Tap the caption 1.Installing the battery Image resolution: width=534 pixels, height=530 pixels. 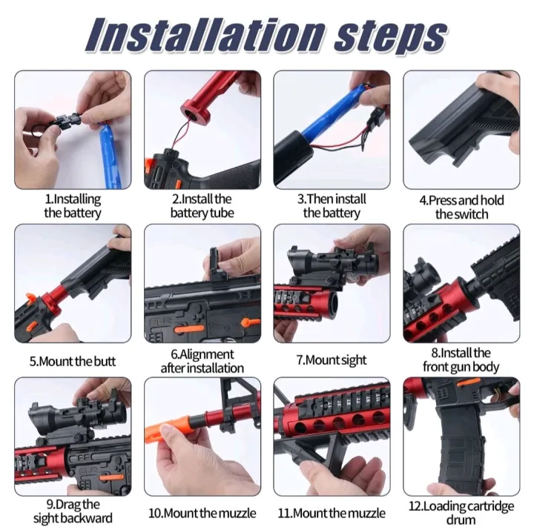73,206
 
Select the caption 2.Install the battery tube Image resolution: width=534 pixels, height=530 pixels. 202,206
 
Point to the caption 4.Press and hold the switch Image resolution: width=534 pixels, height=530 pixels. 461,207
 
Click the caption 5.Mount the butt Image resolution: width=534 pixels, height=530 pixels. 73,362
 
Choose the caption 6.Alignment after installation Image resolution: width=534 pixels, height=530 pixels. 202,361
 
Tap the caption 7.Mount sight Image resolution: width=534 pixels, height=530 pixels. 332,360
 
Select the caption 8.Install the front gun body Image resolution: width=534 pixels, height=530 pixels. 461,360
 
